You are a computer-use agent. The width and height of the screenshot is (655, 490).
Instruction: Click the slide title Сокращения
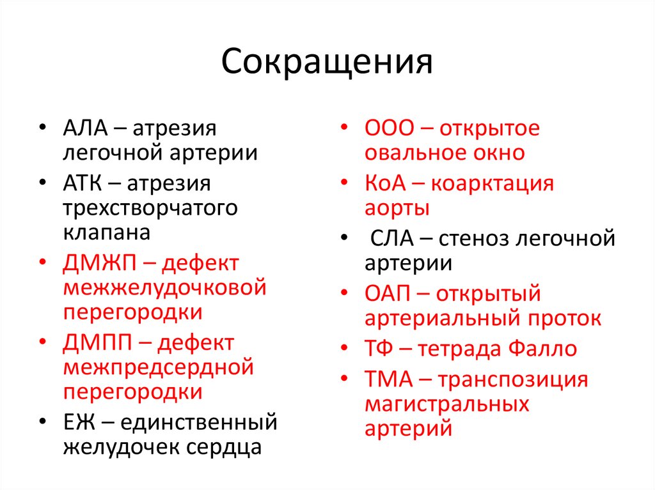[327, 63]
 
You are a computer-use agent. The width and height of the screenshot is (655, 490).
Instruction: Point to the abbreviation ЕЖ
[76, 422]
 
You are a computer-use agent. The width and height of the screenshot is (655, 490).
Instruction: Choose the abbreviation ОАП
[387, 294]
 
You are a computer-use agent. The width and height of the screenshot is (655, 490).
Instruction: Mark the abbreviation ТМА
[388, 379]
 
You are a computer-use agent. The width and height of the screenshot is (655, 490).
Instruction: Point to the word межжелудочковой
[164, 288]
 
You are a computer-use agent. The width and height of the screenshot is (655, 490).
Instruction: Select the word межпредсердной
[159, 368]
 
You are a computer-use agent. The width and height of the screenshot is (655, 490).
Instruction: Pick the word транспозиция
[513, 379]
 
